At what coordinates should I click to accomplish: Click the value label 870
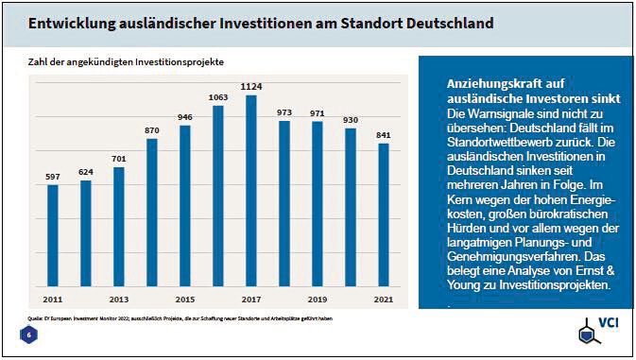[x=151, y=129]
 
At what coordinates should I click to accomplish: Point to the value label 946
[x=184, y=117]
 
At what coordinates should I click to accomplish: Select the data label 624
[x=86, y=172]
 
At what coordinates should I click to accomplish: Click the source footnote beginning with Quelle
[x=180, y=318]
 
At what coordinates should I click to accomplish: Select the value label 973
[x=284, y=112]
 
